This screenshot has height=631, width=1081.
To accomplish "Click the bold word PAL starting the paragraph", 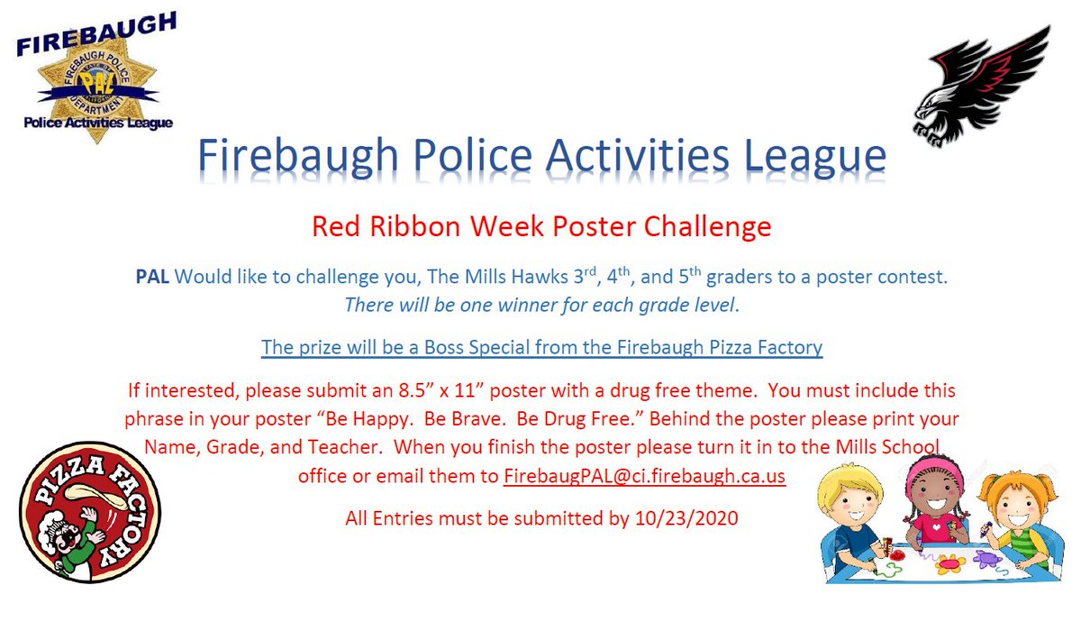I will [152, 277].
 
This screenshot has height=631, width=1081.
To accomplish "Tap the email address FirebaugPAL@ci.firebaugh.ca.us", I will [644, 476].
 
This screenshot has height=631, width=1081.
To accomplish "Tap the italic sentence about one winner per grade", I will [540, 305].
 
